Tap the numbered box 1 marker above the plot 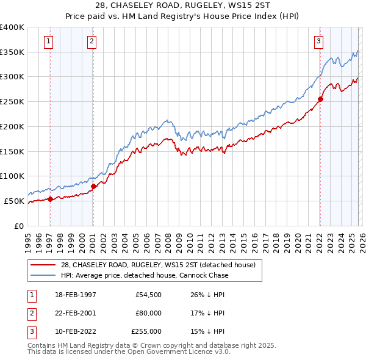pos(48,41)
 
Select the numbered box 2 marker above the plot pos(91,41)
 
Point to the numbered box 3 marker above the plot pos(318,41)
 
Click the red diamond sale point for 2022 pos(320,99)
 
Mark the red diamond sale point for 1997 pos(51,198)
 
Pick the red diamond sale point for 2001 pos(93,186)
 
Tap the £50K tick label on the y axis pos(14,201)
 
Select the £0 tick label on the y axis pos(19,226)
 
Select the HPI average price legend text pos(145,275)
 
